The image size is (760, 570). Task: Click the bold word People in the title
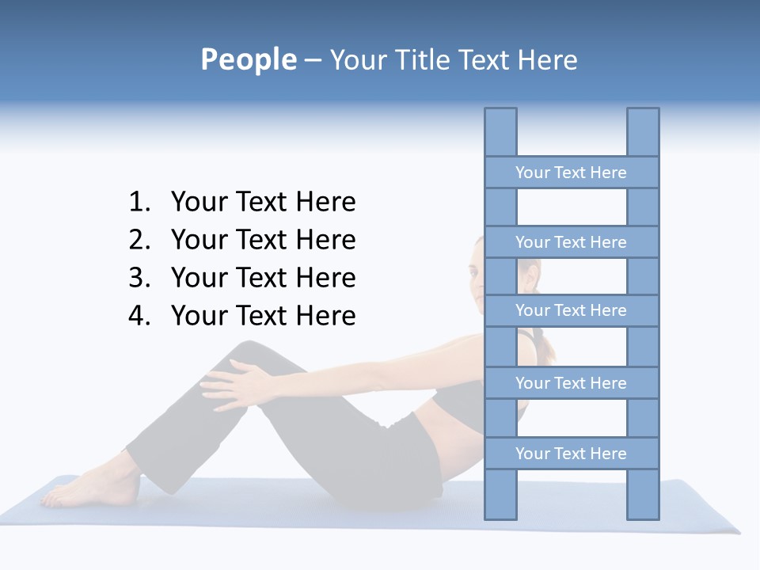tap(247, 60)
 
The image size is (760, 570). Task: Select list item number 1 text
tap(263, 203)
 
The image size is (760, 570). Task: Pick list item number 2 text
tap(263, 240)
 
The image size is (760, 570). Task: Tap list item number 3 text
tap(263, 278)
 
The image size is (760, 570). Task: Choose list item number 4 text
tap(263, 316)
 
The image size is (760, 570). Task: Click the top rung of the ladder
tap(571, 173)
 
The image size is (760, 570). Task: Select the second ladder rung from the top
tap(571, 242)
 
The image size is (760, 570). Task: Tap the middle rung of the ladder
tap(571, 310)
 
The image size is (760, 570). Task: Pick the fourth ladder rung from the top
tap(571, 383)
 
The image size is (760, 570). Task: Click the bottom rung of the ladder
tap(571, 454)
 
